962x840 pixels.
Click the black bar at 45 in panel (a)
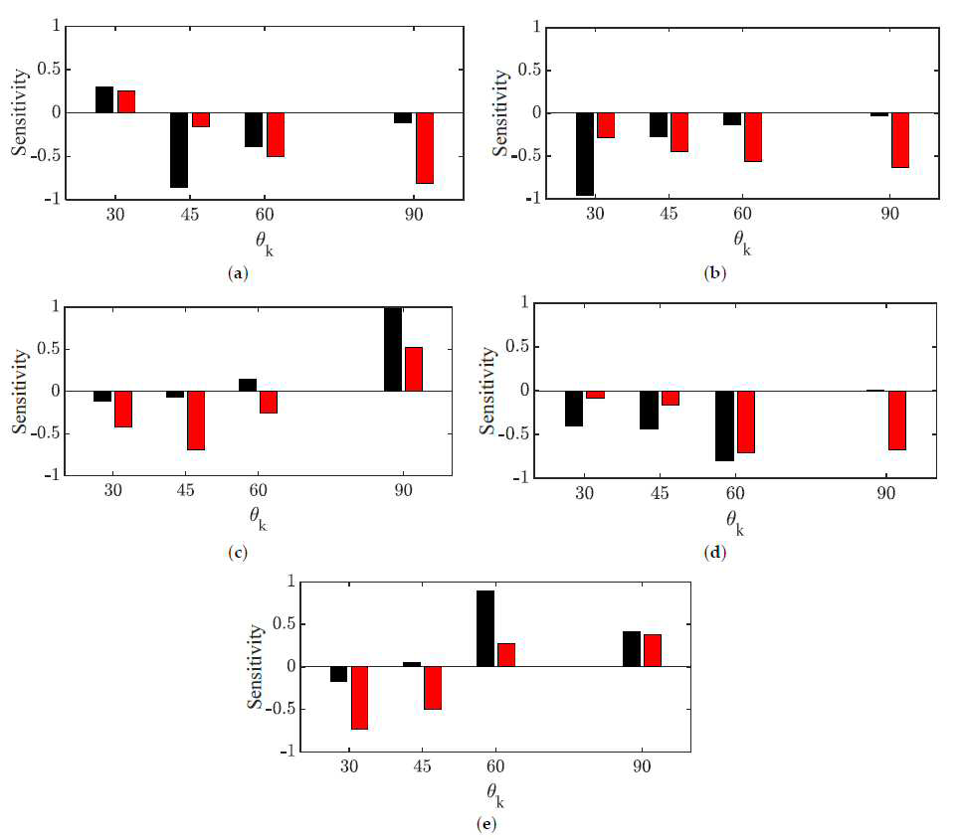tap(179, 150)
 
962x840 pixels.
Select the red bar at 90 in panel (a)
tap(425, 148)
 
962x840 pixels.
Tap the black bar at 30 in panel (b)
tap(585, 154)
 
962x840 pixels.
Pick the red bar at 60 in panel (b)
tap(753, 137)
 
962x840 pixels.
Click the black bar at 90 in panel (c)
tap(393, 349)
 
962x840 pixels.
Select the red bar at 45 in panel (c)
tap(196, 420)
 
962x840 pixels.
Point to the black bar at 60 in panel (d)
tap(724, 426)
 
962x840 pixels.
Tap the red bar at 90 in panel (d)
tap(897, 420)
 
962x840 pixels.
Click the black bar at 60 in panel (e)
tap(485, 628)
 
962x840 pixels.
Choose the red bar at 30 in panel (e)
tap(359, 698)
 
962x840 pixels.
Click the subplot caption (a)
tap(238, 273)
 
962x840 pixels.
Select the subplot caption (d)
tap(715, 553)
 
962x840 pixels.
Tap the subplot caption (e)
tap(485, 824)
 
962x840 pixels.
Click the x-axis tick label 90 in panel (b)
tap(889, 214)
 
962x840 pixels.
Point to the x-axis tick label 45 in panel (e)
tap(422, 766)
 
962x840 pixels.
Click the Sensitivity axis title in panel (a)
tap(19, 112)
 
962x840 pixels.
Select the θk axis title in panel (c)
tap(259, 518)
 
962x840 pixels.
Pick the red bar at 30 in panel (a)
tap(126, 101)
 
